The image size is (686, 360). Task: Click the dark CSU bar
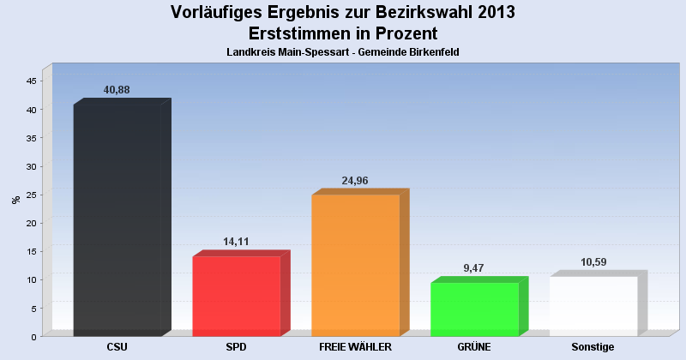(x=117, y=219)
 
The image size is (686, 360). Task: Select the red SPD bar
(x=237, y=296)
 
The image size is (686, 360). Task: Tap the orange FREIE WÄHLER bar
(x=356, y=265)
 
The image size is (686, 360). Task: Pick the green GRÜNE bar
(x=475, y=309)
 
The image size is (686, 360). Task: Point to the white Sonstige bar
(x=593, y=305)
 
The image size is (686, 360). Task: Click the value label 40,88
(x=117, y=90)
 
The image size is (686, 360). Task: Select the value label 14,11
(x=236, y=242)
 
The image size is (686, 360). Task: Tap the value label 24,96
(x=355, y=181)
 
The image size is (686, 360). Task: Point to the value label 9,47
(x=474, y=268)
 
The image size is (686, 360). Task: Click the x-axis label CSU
(x=117, y=347)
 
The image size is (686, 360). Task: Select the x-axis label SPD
(x=237, y=347)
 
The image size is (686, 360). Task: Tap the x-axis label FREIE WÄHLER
(x=355, y=347)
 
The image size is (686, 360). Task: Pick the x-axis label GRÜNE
(x=474, y=347)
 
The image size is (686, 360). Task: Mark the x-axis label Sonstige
(x=593, y=347)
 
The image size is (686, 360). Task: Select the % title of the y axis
(x=15, y=200)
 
